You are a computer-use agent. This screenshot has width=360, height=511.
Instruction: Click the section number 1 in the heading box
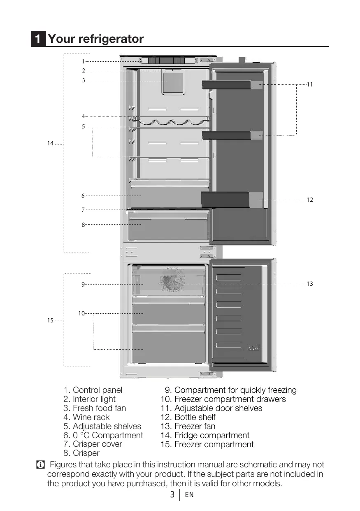pyautogui.click(x=38, y=39)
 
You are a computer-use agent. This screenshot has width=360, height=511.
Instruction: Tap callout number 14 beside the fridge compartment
pyautogui.click(x=50, y=143)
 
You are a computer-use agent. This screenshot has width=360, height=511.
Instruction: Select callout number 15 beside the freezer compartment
pyautogui.click(x=50, y=320)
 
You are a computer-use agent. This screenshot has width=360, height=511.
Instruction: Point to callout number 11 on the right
pyautogui.click(x=310, y=84)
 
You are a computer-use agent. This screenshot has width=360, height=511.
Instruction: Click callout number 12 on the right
pyautogui.click(x=310, y=200)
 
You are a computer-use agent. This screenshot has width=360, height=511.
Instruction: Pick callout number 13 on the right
pyautogui.click(x=310, y=284)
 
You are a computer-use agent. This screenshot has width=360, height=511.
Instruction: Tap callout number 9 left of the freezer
pyautogui.click(x=83, y=284)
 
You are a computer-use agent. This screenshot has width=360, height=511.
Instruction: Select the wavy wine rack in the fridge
pyautogui.click(x=170, y=121)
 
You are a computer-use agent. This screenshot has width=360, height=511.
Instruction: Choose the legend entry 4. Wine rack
pyautogui.click(x=86, y=417)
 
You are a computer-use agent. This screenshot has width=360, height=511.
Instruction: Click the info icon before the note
pyautogui.click(x=40, y=465)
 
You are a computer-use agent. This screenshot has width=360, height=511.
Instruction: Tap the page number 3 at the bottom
pyautogui.click(x=173, y=495)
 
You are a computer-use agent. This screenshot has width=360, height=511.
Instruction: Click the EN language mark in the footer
pyautogui.click(x=189, y=495)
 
